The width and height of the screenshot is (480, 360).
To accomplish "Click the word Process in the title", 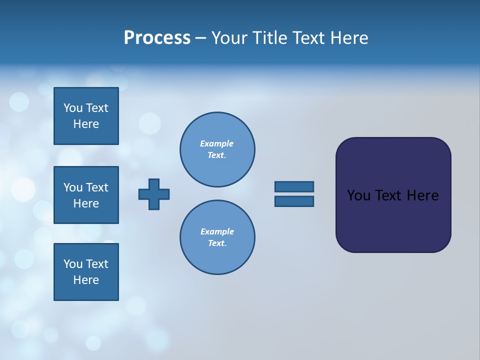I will (157, 38).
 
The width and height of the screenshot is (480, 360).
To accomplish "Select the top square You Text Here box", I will (86, 116).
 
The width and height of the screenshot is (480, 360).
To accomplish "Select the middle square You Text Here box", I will (86, 195).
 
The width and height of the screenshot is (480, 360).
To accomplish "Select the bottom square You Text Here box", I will (86, 272).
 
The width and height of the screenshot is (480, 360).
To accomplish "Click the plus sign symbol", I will (154, 194).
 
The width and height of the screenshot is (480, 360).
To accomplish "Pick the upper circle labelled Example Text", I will (217, 149).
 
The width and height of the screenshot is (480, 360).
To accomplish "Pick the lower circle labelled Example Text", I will (217, 237).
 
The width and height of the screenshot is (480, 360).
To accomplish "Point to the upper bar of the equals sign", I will (294, 186).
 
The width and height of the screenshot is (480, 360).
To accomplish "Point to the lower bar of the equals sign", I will (294, 201).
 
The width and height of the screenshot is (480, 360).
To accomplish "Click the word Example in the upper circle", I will (216, 143).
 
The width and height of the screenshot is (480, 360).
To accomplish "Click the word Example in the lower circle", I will (217, 231).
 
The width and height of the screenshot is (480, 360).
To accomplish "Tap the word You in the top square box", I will (72, 108).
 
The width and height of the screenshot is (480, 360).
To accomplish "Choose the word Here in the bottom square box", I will (86, 280).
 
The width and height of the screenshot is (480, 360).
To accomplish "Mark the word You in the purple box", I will (358, 195).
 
